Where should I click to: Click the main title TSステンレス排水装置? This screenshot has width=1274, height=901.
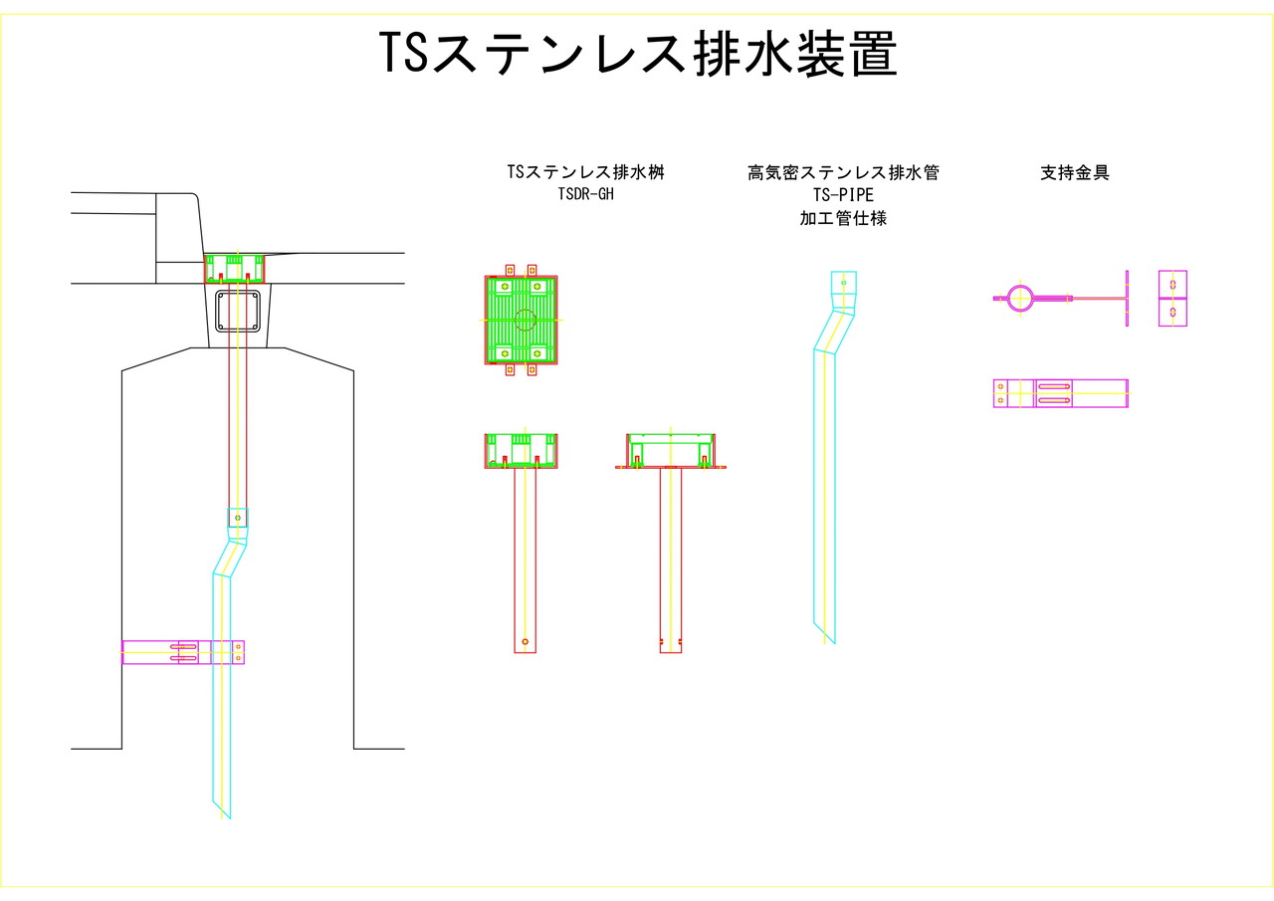tap(638, 54)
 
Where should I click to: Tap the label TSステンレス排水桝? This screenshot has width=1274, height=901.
tap(585, 172)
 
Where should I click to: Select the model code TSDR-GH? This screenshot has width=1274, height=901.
tap(586, 194)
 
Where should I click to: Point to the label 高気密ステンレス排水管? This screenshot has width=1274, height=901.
tap(843, 172)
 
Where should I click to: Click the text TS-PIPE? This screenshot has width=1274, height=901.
tap(843, 195)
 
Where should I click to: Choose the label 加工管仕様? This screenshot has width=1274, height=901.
tap(843, 218)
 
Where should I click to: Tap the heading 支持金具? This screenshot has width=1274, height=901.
tap(1074, 172)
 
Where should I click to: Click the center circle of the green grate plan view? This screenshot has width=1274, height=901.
tap(526, 321)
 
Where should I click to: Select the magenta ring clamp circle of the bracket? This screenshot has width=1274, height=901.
tap(1020, 298)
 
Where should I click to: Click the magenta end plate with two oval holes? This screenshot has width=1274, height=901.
tap(1172, 299)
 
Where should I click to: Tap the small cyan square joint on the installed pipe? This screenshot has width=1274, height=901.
tap(237, 519)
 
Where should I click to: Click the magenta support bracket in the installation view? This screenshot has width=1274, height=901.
tap(183, 652)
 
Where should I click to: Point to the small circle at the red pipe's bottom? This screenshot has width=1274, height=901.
tap(525, 641)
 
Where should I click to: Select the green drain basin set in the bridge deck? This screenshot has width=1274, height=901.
tap(234, 269)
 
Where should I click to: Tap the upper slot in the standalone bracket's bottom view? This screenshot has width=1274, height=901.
tap(1054, 386)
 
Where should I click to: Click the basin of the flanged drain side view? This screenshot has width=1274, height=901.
tap(671, 450)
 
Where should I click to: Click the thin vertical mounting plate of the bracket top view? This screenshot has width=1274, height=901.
tap(1127, 298)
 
